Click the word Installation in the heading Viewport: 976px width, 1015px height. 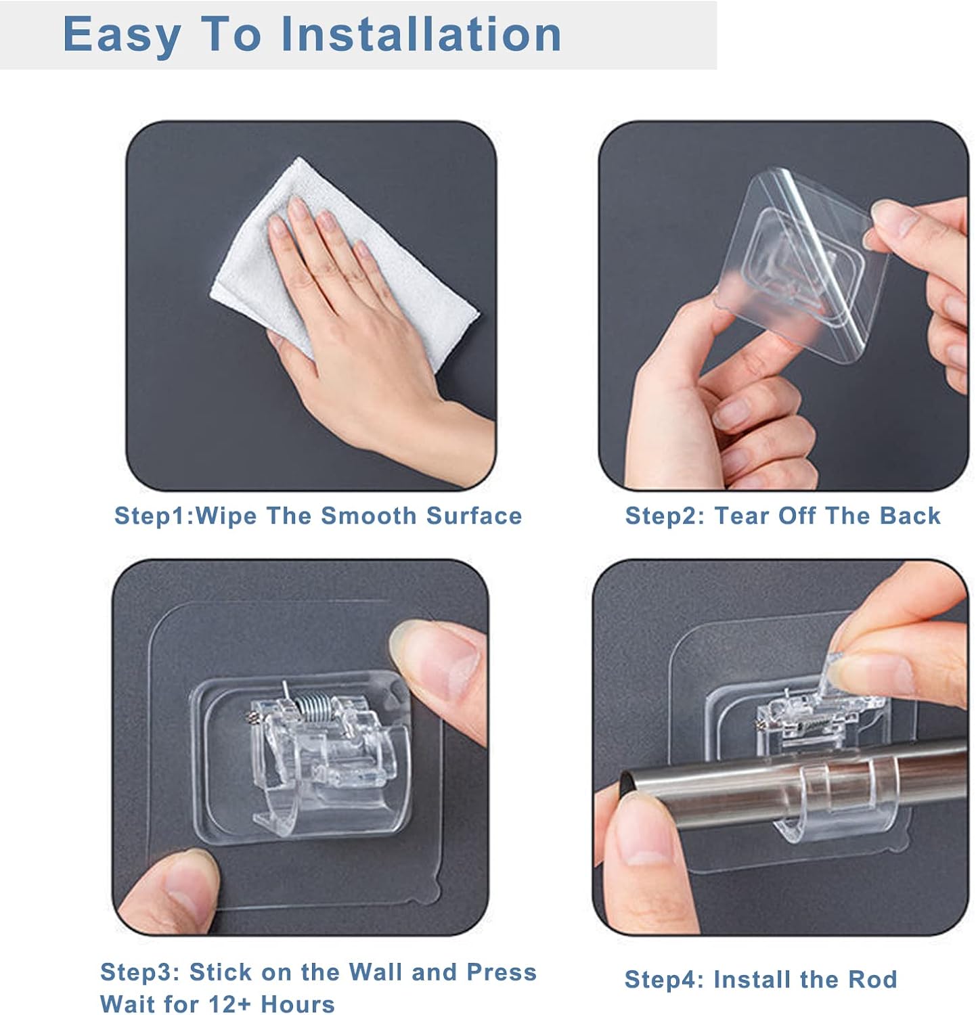tap(420, 34)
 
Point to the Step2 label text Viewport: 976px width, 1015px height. tap(665, 516)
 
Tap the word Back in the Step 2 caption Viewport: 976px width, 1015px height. tap(910, 516)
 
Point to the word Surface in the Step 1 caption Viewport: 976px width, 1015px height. tap(474, 516)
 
